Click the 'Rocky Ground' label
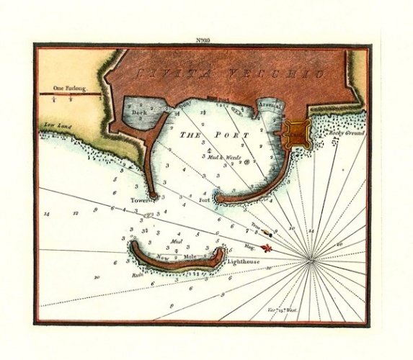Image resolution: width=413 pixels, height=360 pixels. (347, 134)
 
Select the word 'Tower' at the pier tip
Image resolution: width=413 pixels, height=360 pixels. (138, 199)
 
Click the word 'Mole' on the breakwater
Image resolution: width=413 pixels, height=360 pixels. (190, 257)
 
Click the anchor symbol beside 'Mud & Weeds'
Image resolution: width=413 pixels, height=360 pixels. (247, 163)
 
